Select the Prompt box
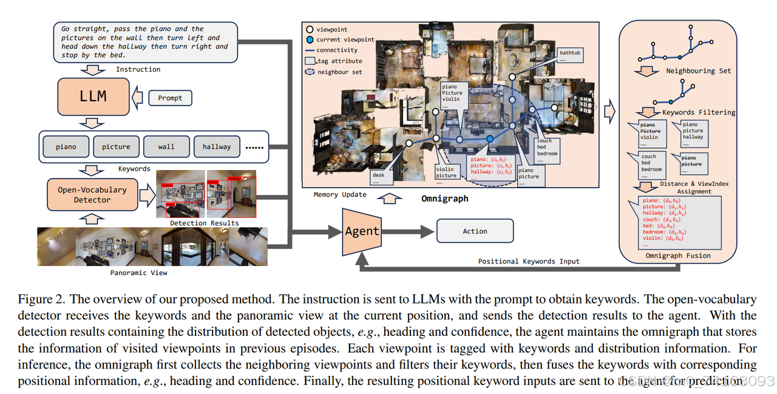170,98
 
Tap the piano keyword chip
66,146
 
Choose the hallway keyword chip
217,146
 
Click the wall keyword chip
166,146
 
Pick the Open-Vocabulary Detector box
92,194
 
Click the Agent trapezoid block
362,231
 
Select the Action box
475,231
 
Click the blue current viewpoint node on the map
490,140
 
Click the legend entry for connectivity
337,50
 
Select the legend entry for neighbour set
339,72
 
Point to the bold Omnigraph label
444,199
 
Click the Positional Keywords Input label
528,261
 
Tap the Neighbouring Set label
698,71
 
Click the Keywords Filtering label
698,112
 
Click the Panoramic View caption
138,273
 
